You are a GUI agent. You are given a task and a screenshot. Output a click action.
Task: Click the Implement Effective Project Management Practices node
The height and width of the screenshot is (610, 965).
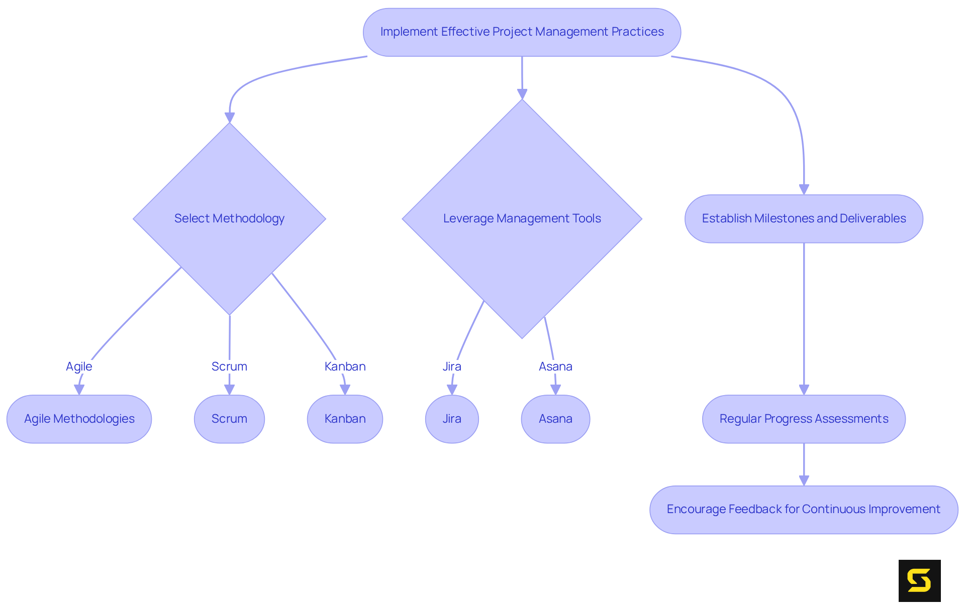click(x=522, y=32)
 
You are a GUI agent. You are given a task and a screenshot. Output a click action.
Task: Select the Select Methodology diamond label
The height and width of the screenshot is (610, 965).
click(x=229, y=218)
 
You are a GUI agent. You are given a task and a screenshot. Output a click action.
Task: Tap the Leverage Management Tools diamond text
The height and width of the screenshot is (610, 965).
click(x=522, y=218)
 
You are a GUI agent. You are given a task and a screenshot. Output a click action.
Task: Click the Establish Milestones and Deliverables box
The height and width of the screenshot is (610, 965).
click(x=803, y=218)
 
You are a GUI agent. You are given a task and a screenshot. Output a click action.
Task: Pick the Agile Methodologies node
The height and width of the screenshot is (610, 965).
click(x=79, y=419)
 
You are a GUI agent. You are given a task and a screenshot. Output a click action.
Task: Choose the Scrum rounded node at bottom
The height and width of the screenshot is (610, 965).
click(x=229, y=419)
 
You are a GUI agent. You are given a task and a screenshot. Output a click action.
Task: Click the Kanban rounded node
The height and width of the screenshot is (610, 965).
click(x=345, y=419)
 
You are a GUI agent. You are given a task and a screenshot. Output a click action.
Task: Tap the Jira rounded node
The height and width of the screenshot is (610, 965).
click(x=452, y=419)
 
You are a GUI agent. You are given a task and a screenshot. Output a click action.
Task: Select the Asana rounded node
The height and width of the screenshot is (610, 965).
click(x=555, y=419)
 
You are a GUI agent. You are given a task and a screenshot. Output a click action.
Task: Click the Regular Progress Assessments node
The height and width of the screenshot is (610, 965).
click(x=803, y=419)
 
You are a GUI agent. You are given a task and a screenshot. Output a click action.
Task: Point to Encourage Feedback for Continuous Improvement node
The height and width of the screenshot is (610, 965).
click(x=803, y=509)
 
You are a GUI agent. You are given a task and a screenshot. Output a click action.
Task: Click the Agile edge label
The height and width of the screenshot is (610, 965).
click(x=79, y=367)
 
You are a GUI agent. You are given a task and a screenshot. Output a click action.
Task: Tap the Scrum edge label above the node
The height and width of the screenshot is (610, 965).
click(x=229, y=367)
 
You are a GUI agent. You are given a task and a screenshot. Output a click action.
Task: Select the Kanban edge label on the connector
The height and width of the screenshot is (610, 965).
click(x=345, y=367)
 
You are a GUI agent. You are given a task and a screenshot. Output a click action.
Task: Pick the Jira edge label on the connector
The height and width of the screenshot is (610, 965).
click(x=452, y=367)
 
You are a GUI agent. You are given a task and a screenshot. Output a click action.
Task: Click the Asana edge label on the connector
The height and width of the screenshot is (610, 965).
click(x=555, y=367)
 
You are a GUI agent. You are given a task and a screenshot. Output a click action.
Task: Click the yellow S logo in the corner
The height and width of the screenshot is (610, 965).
click(x=919, y=580)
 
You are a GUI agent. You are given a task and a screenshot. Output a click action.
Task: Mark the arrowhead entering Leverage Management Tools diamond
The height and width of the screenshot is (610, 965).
click(x=522, y=94)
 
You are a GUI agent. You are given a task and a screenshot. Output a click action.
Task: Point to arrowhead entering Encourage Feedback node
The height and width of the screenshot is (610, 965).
click(x=804, y=480)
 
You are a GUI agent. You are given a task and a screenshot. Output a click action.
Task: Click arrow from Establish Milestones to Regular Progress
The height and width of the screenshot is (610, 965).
click(x=804, y=316)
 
